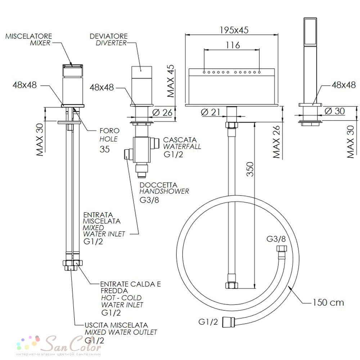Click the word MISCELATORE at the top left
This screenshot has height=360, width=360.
click(x=29, y=36)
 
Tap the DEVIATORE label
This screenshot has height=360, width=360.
click(x=109, y=36)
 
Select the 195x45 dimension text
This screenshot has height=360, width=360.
click(x=234, y=30)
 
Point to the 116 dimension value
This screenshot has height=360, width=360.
click(x=233, y=45)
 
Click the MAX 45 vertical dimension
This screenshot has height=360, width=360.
click(x=171, y=81)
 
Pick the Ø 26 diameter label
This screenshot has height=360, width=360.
click(x=162, y=112)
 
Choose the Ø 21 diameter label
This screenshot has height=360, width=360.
click(x=211, y=112)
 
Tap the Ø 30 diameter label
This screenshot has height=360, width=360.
click(x=335, y=111)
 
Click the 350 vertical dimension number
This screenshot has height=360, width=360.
click(x=250, y=169)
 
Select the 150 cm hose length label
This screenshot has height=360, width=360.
click(x=328, y=302)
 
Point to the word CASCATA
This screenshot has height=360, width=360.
click(x=180, y=140)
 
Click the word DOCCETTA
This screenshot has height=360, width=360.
click(x=158, y=185)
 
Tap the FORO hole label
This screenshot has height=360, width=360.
click(x=109, y=131)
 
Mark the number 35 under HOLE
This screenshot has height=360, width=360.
click(x=105, y=149)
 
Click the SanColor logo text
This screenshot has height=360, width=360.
click(x=73, y=344)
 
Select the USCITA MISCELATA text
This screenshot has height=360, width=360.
click(x=116, y=325)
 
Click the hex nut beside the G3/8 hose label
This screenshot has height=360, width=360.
click(x=282, y=249)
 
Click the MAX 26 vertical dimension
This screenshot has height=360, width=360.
click(x=276, y=141)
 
